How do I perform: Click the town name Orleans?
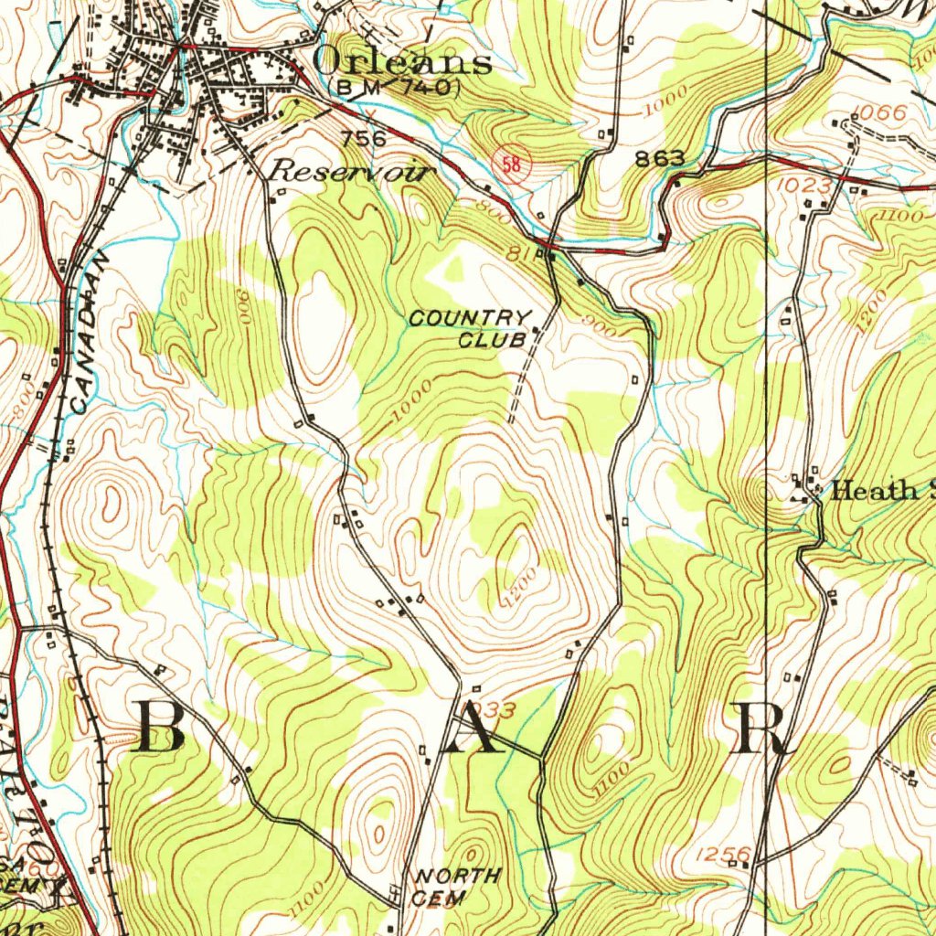402,61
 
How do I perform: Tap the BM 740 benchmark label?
397,88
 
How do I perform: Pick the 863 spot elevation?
659,158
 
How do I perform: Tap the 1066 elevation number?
880,113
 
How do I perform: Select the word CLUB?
492,341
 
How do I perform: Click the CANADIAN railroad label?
90,333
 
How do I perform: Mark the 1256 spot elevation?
722,855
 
